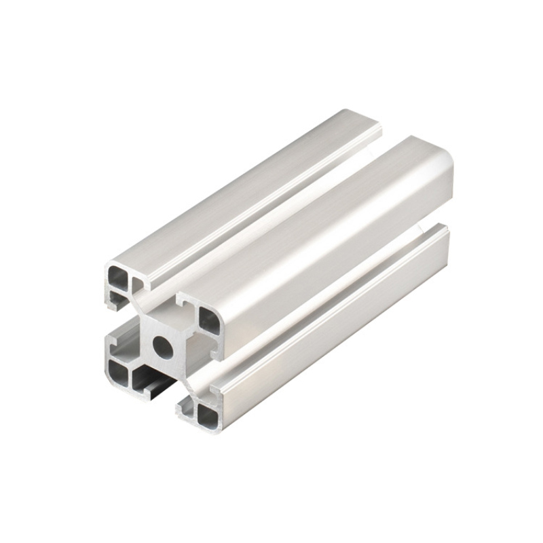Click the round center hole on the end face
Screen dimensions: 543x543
point(163,345)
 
